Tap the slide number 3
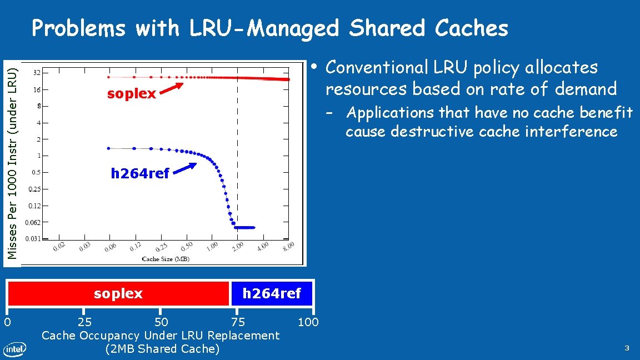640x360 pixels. (x=627, y=348)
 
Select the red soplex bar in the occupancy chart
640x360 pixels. (x=118, y=293)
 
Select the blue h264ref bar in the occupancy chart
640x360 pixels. (x=272, y=293)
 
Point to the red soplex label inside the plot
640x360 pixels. (x=132, y=93)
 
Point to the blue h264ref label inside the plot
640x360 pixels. (x=140, y=173)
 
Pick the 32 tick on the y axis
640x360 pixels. (x=36, y=72)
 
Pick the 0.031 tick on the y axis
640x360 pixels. (x=34, y=239)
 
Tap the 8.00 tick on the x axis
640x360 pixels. (x=288, y=248)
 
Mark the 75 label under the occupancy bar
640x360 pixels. (x=238, y=322)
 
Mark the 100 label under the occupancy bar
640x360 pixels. (x=308, y=322)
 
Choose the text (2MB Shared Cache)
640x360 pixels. (x=162, y=349)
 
